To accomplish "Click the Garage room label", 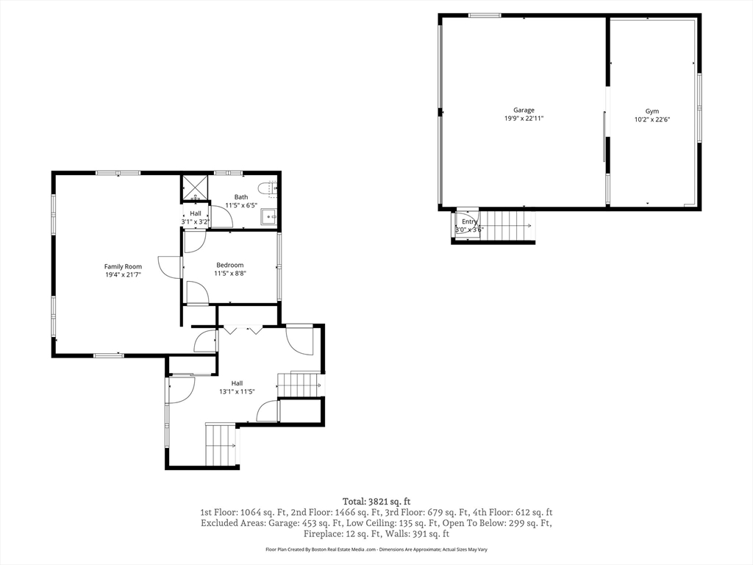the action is (x=524, y=110).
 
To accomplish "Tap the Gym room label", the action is (x=652, y=111).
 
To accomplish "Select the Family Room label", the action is (x=123, y=266).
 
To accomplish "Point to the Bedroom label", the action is (x=229, y=265).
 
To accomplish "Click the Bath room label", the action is (x=241, y=197).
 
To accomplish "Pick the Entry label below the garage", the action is (x=469, y=221).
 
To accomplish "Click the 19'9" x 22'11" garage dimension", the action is (x=524, y=118).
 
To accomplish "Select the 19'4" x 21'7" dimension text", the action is (x=123, y=275).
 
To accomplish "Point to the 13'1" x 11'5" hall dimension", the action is (x=237, y=391).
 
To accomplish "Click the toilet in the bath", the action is (x=266, y=188).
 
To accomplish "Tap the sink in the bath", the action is (x=268, y=217).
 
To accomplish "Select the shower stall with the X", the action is (x=195, y=188).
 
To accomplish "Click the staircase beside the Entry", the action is (x=507, y=226).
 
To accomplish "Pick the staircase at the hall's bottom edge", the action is (x=221, y=445).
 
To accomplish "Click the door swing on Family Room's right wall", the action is (x=169, y=266).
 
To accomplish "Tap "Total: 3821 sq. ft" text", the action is (x=376, y=502).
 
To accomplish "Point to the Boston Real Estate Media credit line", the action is (x=376, y=549).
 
